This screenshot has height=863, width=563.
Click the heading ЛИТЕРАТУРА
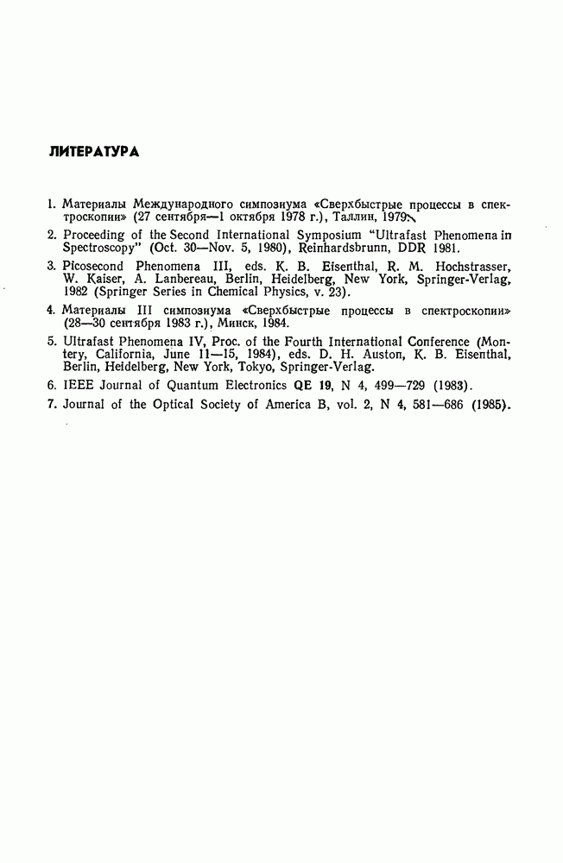96,152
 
